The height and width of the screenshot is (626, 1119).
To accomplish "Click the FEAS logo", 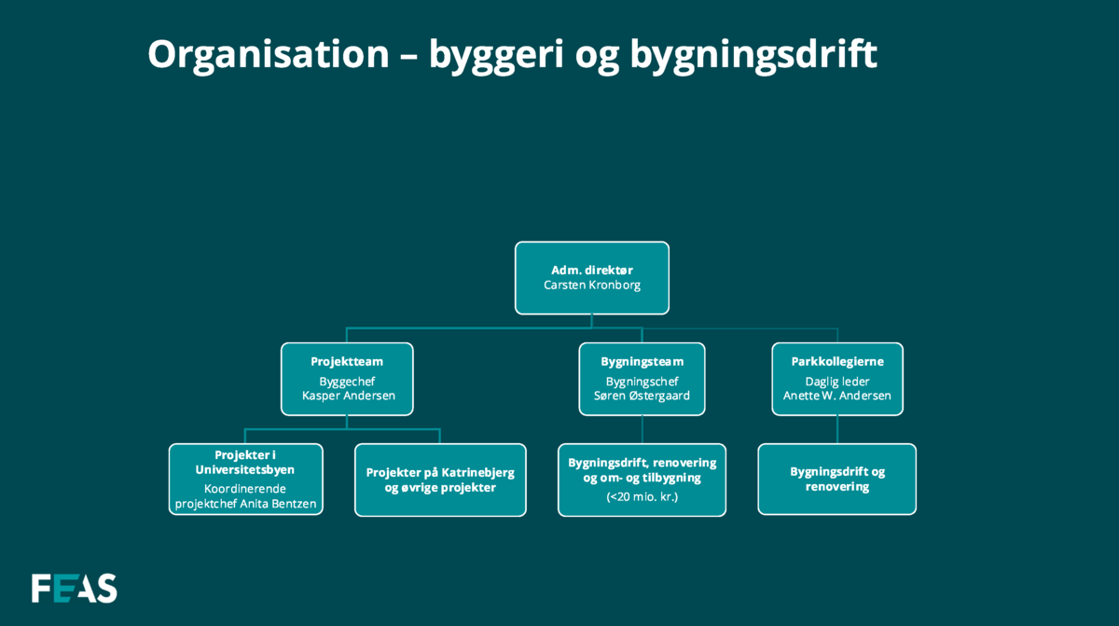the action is (x=74, y=588).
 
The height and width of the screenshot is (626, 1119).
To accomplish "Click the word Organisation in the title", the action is (x=269, y=54).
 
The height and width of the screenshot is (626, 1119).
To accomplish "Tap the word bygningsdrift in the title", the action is (x=753, y=54).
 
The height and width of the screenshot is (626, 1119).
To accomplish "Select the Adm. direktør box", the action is (x=592, y=278).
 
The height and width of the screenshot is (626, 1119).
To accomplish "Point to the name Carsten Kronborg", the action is (x=592, y=285).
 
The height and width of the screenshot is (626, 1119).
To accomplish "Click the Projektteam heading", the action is (x=347, y=362).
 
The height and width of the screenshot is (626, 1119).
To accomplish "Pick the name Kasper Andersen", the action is (x=348, y=396).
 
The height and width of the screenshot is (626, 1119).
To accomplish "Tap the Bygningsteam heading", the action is (x=642, y=362).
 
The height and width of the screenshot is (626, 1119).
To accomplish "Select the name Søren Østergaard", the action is (x=642, y=396).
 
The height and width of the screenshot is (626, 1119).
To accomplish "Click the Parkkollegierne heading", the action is (x=837, y=362).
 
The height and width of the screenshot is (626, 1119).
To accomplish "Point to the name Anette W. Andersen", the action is (x=837, y=396).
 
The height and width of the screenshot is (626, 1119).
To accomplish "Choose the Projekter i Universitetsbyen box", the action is (x=246, y=480).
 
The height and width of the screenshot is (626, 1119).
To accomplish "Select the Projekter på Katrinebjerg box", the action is (x=440, y=480).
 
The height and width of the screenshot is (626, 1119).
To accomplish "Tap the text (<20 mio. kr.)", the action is (x=642, y=497).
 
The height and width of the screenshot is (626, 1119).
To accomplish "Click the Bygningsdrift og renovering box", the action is (x=836, y=480).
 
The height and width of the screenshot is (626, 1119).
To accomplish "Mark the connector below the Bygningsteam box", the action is (x=642, y=430).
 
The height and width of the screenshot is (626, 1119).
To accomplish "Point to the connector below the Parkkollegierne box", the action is (x=837, y=430).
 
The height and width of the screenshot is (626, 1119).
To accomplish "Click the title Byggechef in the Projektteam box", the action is (x=347, y=383).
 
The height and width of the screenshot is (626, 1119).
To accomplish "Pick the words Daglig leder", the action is (x=837, y=383).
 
